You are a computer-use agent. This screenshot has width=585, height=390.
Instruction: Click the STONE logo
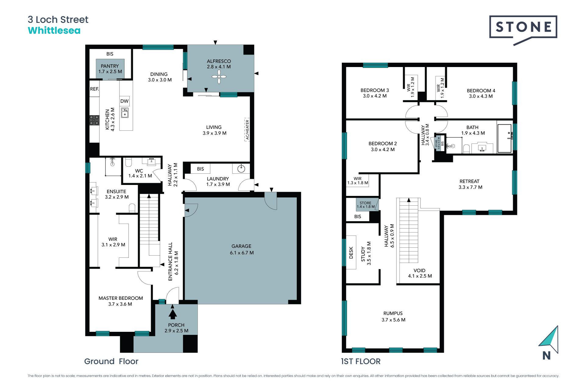coord(523,30)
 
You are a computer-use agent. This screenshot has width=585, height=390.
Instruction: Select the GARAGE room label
coord(241,246)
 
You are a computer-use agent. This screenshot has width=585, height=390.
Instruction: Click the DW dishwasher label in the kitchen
coord(124,101)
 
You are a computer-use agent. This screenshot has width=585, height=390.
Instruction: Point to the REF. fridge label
coord(94,89)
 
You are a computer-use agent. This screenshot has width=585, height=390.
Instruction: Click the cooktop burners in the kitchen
coord(94,120)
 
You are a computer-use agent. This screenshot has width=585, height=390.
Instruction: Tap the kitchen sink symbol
coord(125,112)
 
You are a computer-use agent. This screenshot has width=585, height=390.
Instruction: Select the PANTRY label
coord(110,66)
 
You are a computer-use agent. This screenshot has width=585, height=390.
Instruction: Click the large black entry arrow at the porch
coord(173,314)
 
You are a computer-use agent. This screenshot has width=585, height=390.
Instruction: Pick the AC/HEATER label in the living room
coord(247,130)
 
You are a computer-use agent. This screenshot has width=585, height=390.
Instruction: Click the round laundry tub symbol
coord(241,168)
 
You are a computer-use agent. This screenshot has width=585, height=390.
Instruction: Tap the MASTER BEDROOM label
coord(121,298)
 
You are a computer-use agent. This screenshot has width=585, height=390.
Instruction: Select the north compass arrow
coord(548,340)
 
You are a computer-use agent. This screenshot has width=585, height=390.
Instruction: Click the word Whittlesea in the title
coord(54,30)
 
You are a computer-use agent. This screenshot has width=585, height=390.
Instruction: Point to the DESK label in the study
coord(351,253)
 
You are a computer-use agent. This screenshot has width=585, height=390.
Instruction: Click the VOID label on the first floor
coord(420,271)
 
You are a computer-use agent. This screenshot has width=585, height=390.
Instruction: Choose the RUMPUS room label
coord(393,313)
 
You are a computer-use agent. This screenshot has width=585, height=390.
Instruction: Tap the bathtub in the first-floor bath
coord(505,138)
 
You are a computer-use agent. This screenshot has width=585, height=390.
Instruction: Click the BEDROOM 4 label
coord(481,90)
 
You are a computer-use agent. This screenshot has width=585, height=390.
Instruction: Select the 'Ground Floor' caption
coord(111,361)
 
